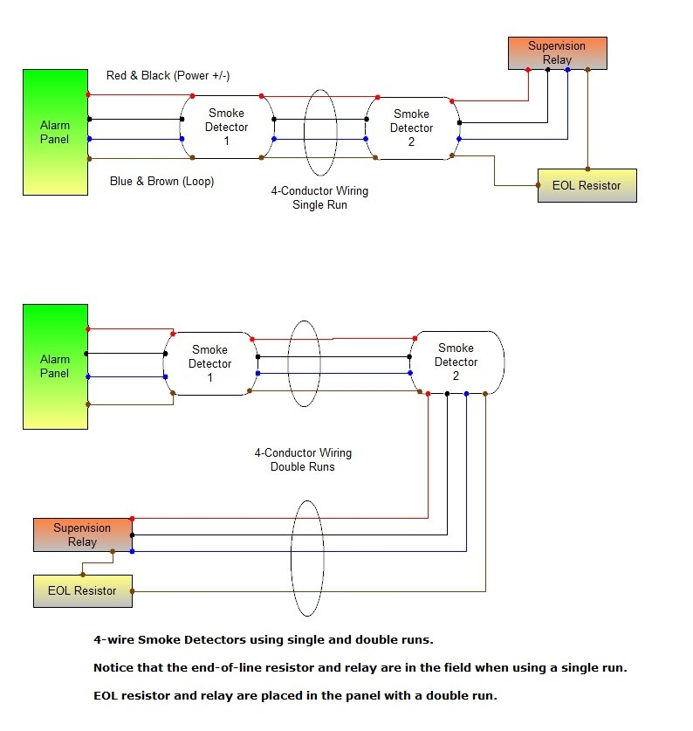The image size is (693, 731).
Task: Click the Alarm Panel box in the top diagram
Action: pyautogui.click(x=55, y=132)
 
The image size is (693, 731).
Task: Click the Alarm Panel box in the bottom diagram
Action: pyautogui.click(x=55, y=366)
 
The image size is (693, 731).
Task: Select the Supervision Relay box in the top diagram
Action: pyautogui.click(x=557, y=53)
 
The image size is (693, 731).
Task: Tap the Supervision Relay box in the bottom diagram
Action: pyautogui.click(x=82, y=534)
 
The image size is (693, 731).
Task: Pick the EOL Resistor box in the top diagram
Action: pyautogui.click(x=587, y=185)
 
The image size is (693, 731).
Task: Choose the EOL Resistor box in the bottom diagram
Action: pyautogui.click(x=82, y=590)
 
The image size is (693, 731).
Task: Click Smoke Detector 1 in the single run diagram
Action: pyautogui.click(x=226, y=128)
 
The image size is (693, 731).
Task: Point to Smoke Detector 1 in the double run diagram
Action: pyautogui.click(x=210, y=364)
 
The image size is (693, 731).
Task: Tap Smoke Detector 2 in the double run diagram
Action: pyautogui.click(x=456, y=362)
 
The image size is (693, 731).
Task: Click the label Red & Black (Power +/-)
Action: pyautogui.click(x=168, y=76)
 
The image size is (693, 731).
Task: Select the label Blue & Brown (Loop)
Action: pyautogui.click(x=161, y=182)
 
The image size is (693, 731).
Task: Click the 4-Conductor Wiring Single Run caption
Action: pyautogui.click(x=319, y=197)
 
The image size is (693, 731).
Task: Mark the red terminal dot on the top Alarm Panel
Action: pyautogui.click(x=88, y=94)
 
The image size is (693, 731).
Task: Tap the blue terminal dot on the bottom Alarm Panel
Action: pyautogui.click(x=88, y=376)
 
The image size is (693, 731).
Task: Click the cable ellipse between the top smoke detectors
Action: pyautogui.click(x=320, y=126)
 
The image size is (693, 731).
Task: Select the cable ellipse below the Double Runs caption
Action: pyautogui.click(x=307, y=558)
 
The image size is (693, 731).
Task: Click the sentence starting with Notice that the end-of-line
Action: pyautogui.click(x=360, y=668)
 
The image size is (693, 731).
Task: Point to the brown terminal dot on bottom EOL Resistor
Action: pyautogui.click(x=131, y=591)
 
